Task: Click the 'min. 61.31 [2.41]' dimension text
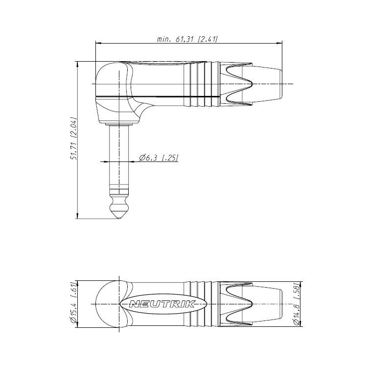pos(187,39)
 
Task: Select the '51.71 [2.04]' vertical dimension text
pos(74,138)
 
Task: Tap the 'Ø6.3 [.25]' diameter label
pos(159,158)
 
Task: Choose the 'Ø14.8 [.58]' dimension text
pos(297,304)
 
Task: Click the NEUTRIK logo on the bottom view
pos(162,304)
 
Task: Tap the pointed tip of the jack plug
pos(119,219)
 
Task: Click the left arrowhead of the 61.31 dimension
pos(98,43)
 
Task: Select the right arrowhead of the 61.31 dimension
pos(279,43)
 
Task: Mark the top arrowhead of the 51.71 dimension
pos(77,65)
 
